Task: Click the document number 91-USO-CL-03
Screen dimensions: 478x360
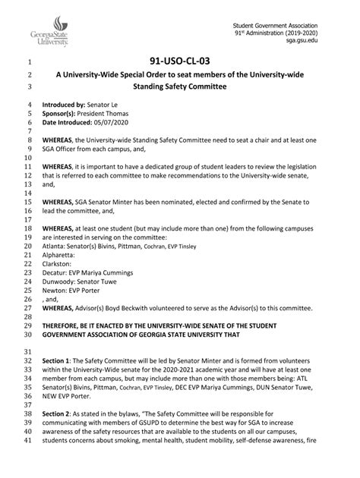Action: (181, 62)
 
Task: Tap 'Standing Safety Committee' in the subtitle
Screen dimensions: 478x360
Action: (180, 86)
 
